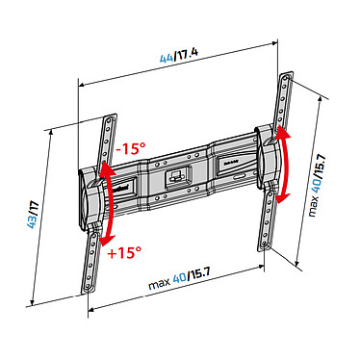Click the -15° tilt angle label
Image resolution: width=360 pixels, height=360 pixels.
click(131, 148)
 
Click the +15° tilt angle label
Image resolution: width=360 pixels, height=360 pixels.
click(125, 253)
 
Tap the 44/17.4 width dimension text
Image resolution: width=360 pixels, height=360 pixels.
click(179, 56)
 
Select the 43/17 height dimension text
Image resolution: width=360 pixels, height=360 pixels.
click(33, 216)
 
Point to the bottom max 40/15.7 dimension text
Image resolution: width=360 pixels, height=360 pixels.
click(179, 279)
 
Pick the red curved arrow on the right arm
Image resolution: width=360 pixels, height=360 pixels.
click(283, 165)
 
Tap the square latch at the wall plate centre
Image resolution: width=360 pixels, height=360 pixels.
click(176, 178)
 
